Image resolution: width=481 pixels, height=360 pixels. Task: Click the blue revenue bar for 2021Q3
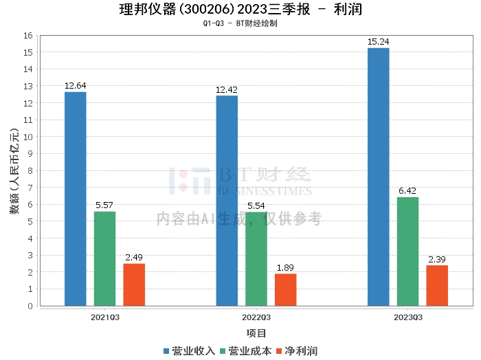pos(75,199)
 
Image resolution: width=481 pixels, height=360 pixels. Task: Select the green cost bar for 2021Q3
pos(104,258)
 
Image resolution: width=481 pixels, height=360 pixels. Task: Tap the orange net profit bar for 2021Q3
pos(134,284)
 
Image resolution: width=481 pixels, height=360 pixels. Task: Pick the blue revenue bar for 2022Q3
pos(227,201)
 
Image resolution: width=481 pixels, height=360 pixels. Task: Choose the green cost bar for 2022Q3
pos(256,259)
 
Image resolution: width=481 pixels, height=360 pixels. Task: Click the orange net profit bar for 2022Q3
pos(286,289)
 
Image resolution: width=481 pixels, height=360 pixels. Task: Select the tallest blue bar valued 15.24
pos(378,177)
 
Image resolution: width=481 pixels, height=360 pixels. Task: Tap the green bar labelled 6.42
pos(407,251)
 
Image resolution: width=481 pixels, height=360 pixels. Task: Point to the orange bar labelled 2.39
pos(437,285)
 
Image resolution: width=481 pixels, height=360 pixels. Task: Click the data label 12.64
pos(75,86)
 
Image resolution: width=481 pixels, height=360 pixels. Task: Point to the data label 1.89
pos(286,268)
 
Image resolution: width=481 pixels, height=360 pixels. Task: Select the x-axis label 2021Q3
pos(104,318)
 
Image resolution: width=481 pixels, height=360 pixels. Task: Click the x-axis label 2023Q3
pos(407,318)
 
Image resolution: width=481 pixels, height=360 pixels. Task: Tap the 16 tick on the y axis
pos(30,35)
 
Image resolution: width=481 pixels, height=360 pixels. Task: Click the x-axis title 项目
pos(256,333)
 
